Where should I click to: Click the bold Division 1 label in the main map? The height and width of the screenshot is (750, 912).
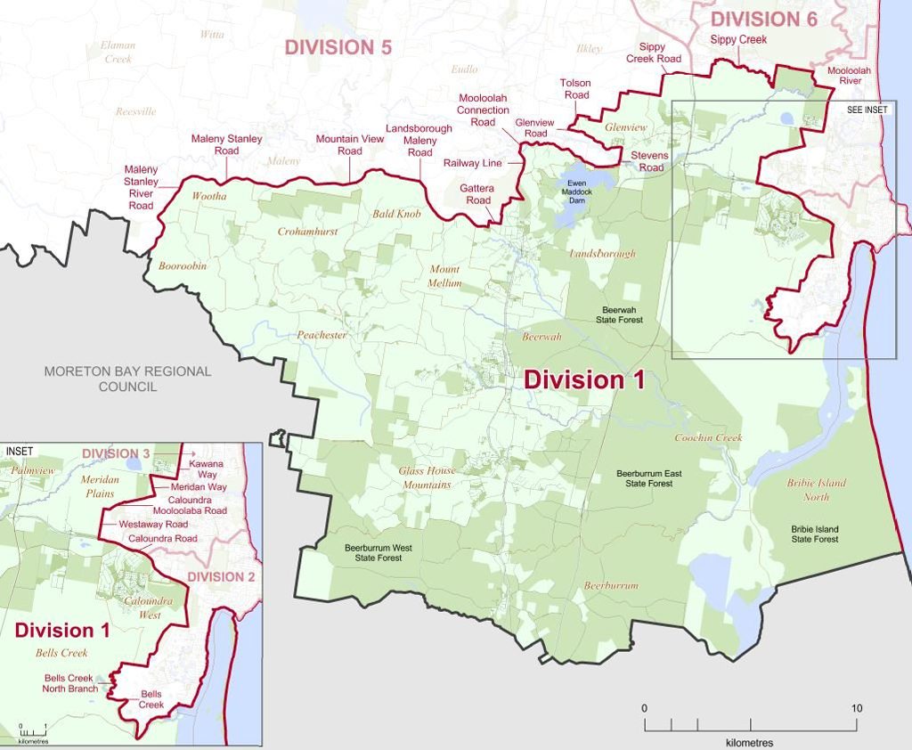point(583,379)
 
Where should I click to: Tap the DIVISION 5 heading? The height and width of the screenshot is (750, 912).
point(338,47)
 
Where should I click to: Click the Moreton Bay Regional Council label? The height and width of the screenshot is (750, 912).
point(128,379)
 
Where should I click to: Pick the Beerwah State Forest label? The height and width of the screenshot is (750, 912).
point(619,313)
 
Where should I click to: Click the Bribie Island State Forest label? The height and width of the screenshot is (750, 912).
point(815,534)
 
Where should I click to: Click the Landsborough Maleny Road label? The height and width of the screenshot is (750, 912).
point(419,141)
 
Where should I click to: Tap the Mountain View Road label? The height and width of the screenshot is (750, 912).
point(350,144)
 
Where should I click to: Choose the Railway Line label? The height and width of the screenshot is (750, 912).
point(473,163)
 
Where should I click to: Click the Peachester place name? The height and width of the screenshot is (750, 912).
point(322,335)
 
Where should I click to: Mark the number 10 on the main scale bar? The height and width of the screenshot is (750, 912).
point(856,708)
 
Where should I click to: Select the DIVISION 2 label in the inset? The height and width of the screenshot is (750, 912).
point(221,576)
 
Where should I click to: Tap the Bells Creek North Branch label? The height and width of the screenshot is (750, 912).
point(70,683)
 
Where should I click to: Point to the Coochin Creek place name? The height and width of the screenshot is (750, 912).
point(708,437)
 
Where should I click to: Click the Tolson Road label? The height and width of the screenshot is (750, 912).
point(575,89)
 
